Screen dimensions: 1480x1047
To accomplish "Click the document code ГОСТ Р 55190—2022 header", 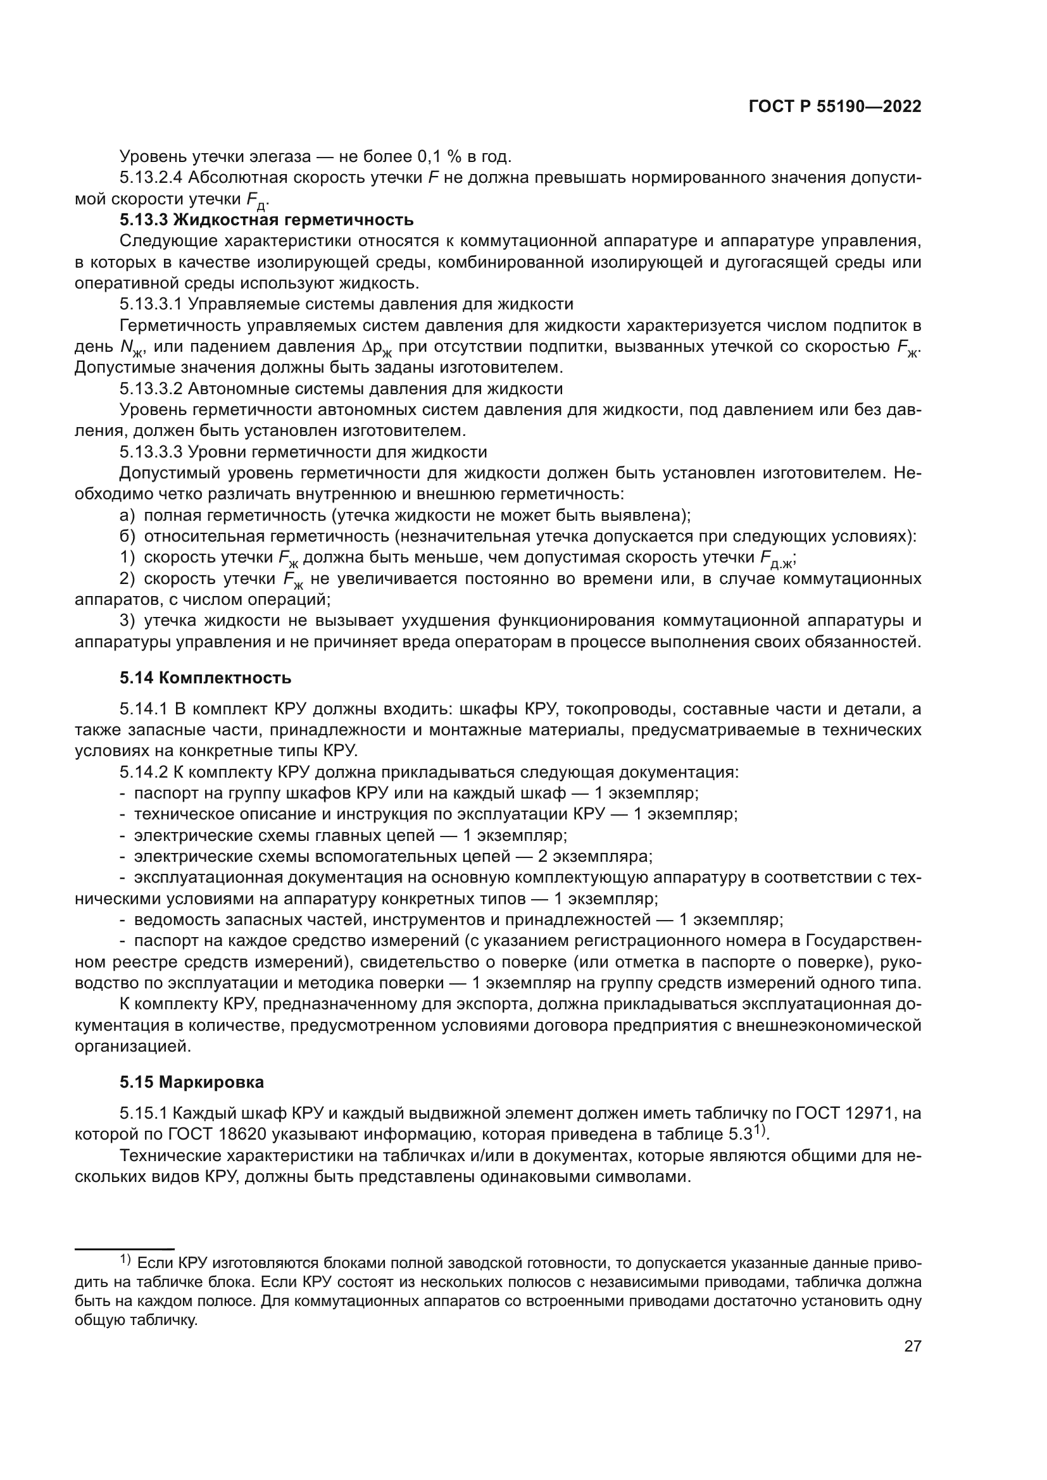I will [835, 107].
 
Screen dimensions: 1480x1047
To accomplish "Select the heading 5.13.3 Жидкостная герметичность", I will [266, 220].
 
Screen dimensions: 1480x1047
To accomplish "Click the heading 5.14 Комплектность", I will [205, 678].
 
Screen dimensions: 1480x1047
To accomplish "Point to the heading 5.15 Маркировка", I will [191, 1081].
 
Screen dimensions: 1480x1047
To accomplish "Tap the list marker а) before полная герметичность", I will [127, 515].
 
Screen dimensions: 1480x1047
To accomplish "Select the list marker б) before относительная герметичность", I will [127, 537].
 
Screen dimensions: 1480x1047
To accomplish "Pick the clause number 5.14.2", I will [143, 772].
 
